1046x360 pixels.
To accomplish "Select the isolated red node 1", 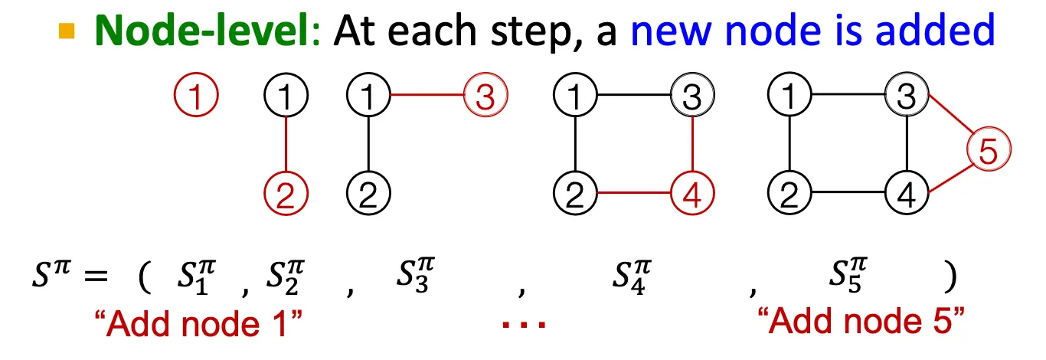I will click(198, 96).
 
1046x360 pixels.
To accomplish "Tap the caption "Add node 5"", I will click(857, 324).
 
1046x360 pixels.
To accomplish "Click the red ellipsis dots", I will click(525, 326).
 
